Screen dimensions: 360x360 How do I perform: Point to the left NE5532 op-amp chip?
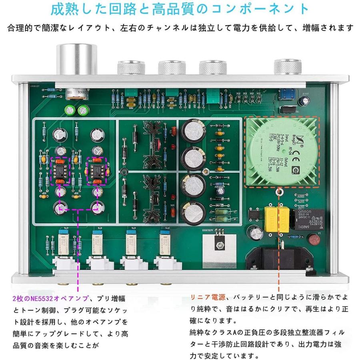[59, 171]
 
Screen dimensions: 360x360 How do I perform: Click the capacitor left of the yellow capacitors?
[254, 234]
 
